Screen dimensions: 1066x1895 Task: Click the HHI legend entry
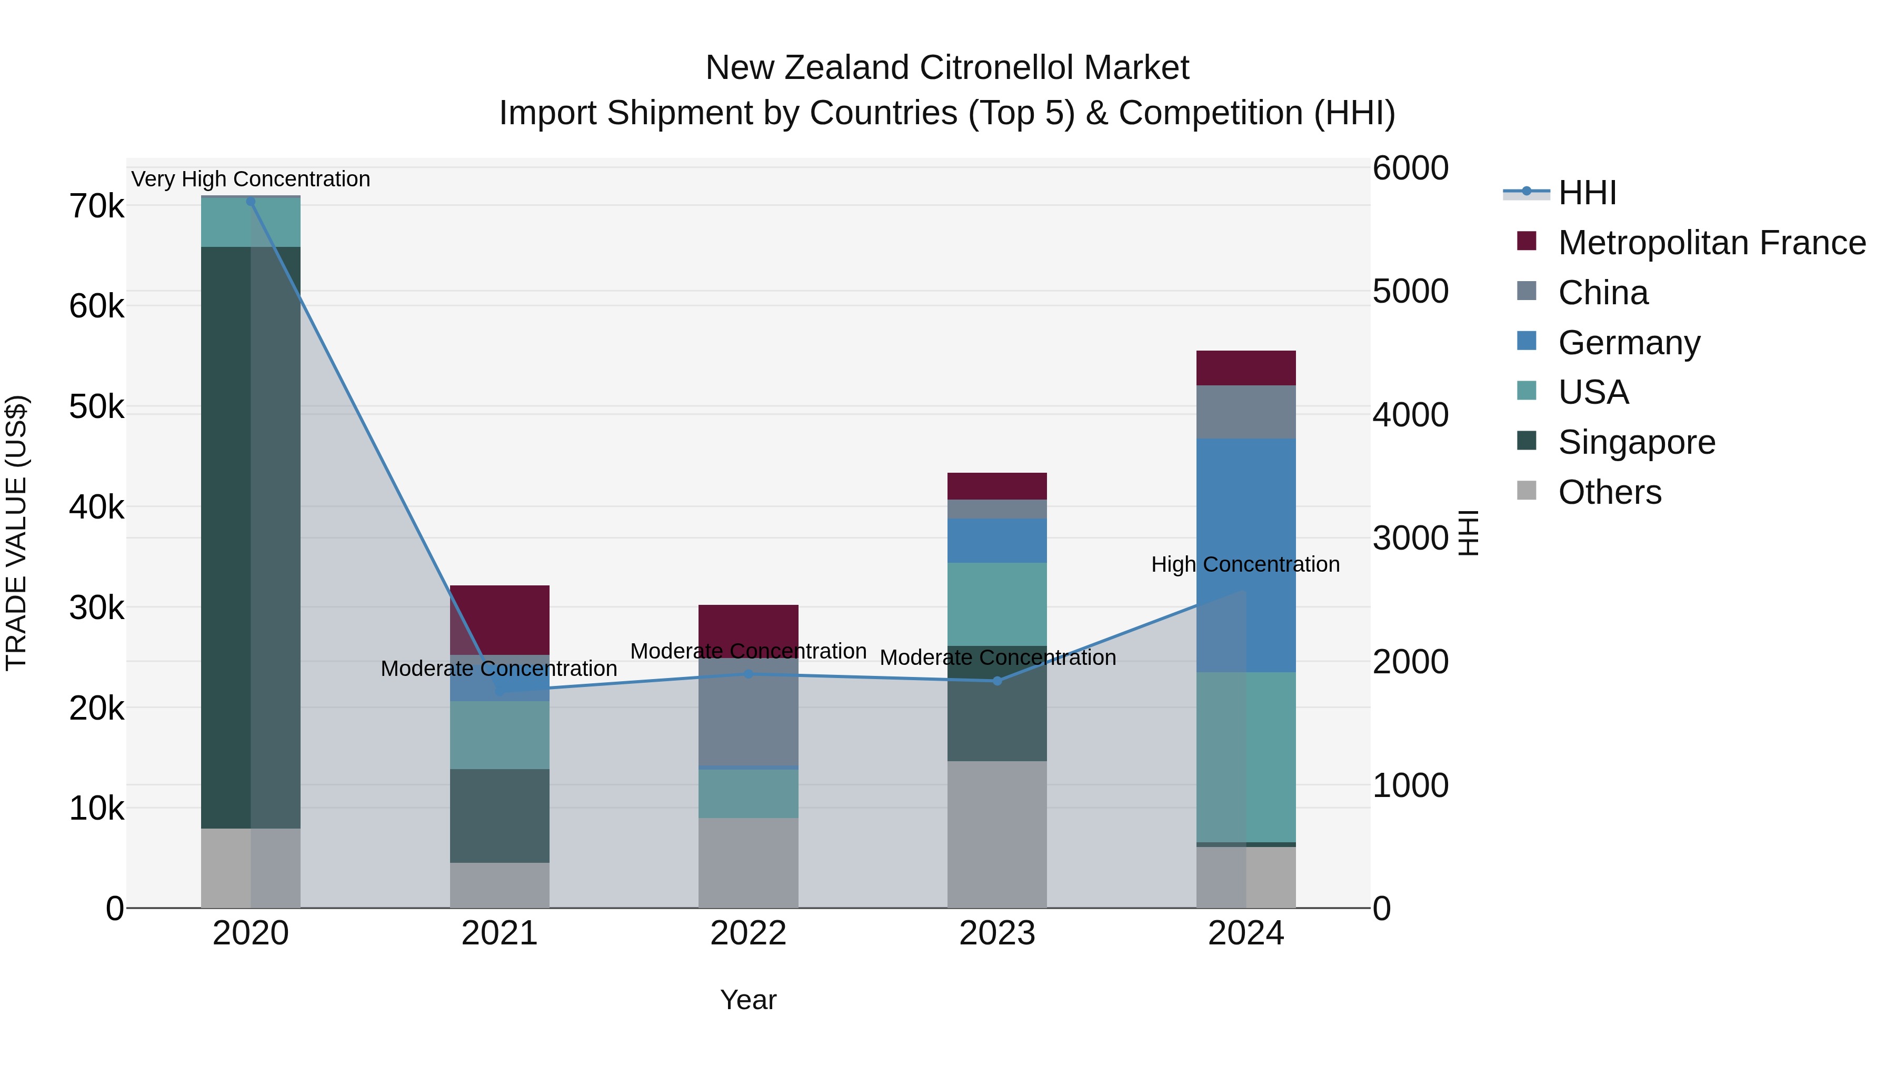click(x=1587, y=193)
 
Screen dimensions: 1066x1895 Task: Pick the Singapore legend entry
click(x=1636, y=442)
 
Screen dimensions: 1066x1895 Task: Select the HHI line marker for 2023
click(x=997, y=681)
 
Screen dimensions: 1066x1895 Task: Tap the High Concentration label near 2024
click(x=1245, y=565)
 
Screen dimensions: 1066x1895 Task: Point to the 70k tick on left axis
click(x=96, y=207)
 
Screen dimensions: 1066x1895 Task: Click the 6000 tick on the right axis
click(x=1410, y=168)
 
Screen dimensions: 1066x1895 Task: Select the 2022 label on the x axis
click(x=748, y=933)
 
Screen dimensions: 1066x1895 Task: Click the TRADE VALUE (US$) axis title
click(x=17, y=533)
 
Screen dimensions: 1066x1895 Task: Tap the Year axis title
click(x=748, y=1000)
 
